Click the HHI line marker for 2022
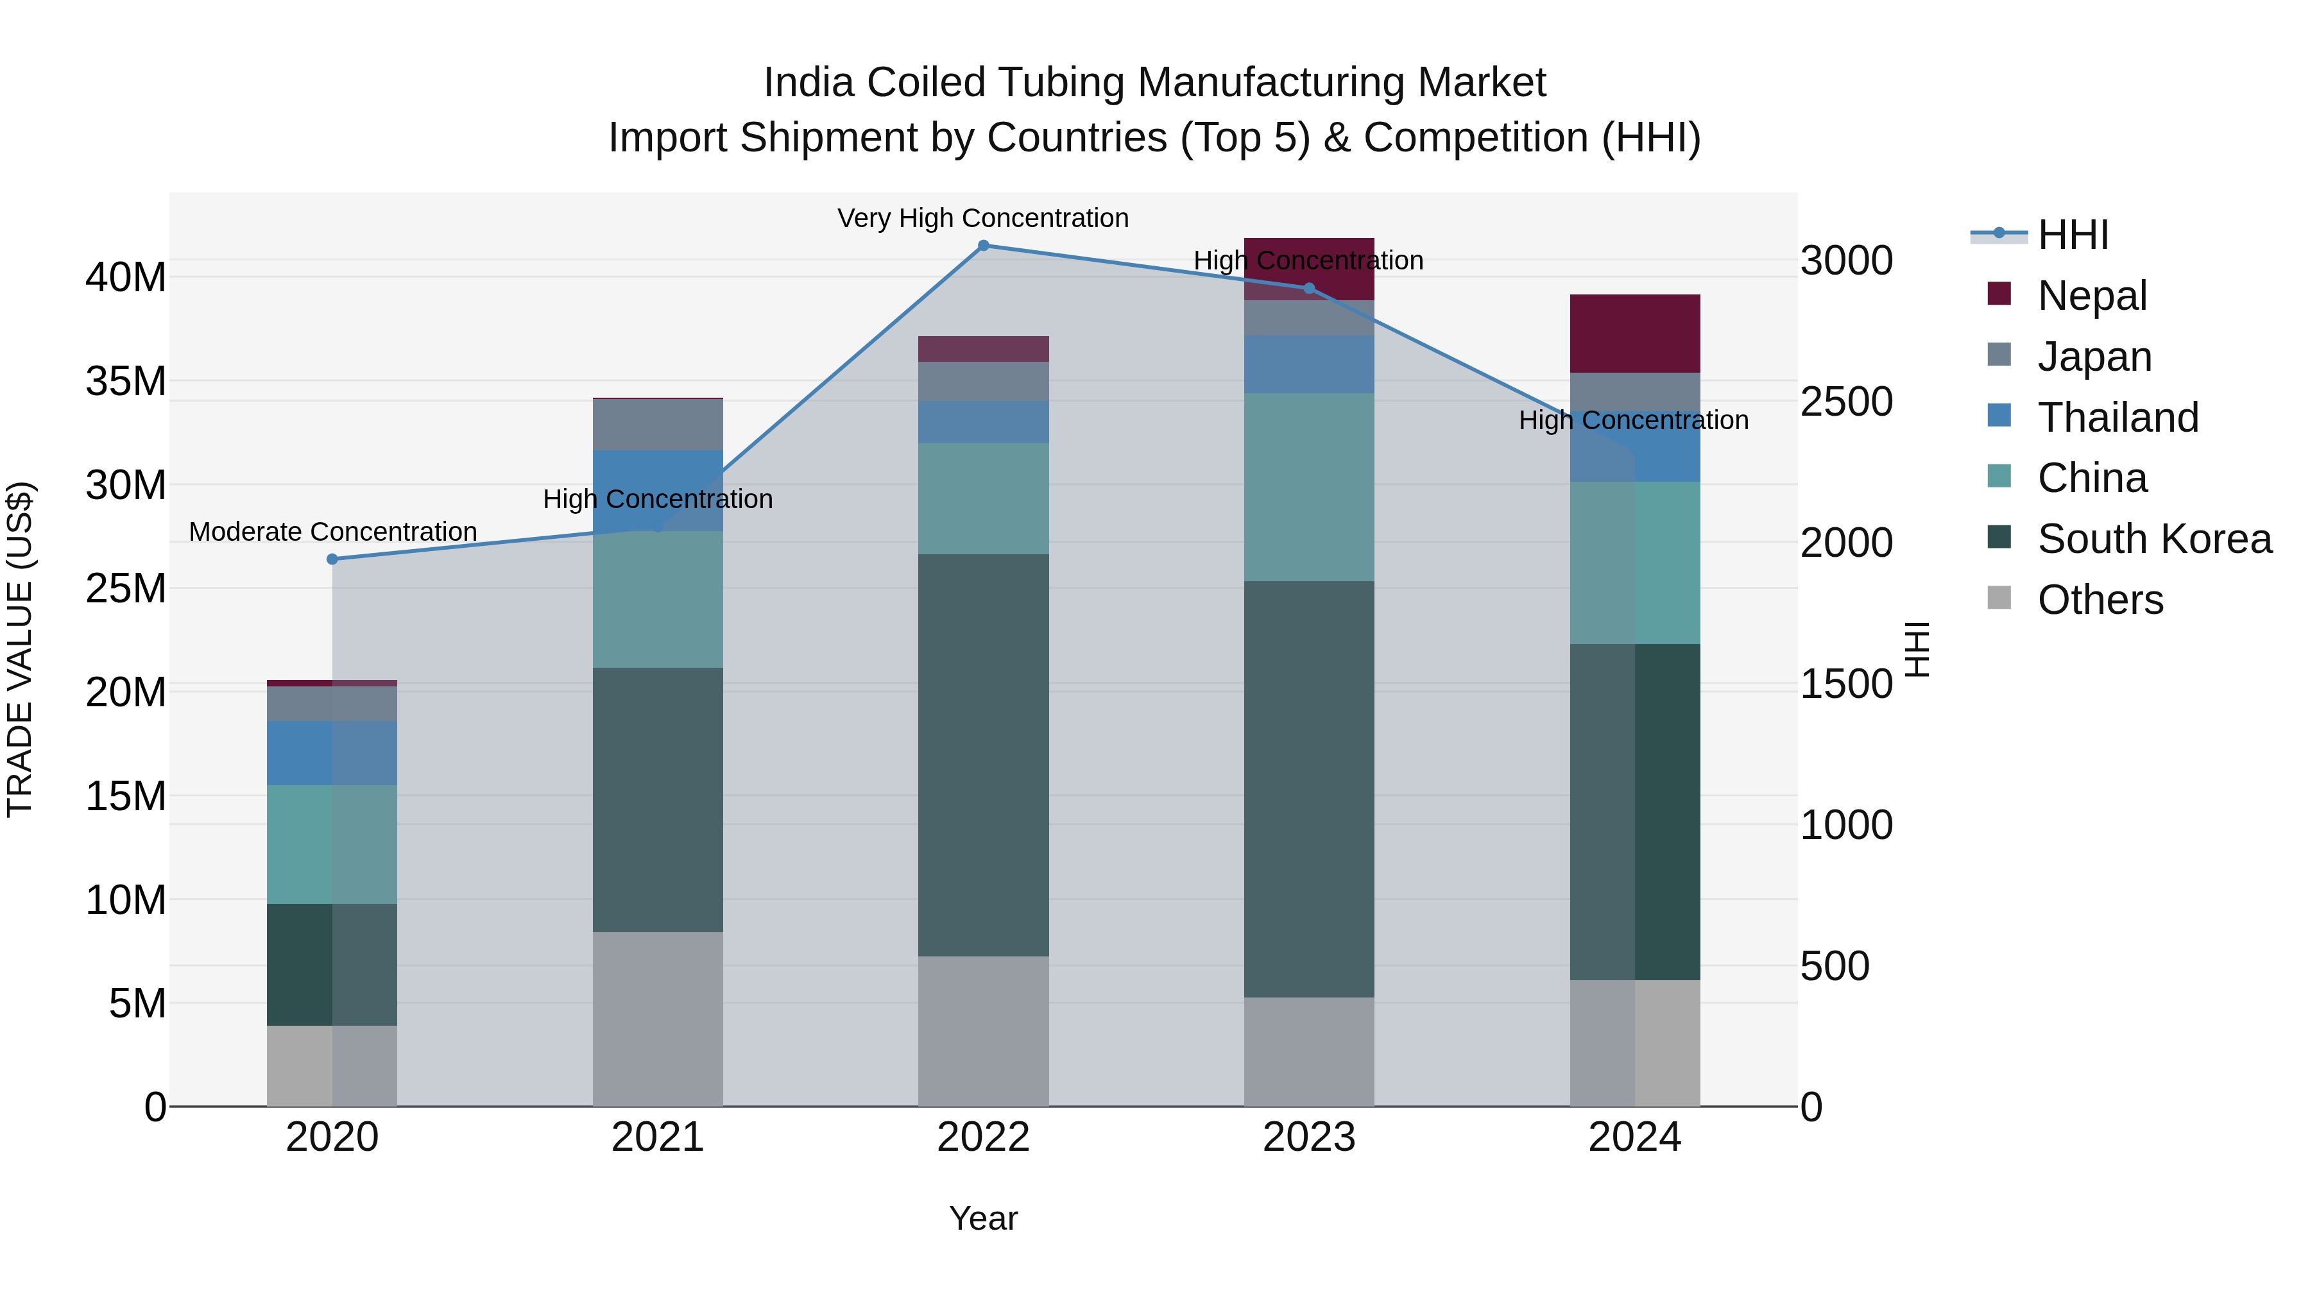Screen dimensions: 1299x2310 pos(983,246)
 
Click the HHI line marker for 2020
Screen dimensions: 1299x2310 pos(332,559)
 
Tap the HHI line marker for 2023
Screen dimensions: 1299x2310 pos(1308,289)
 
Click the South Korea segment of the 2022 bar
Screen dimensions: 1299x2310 pos(983,755)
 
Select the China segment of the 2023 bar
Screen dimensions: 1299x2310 pos(1308,487)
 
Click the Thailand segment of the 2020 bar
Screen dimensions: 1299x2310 pos(332,753)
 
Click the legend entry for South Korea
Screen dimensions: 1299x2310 pos(2154,539)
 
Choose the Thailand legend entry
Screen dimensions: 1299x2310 pos(2117,418)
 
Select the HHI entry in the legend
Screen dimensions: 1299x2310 pos(2073,235)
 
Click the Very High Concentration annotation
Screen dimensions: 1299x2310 pos(983,218)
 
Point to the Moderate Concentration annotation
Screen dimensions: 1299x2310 pos(332,532)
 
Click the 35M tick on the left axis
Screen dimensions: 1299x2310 pos(126,381)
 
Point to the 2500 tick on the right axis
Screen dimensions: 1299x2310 pos(1846,402)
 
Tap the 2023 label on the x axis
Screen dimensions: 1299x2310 pos(1308,1137)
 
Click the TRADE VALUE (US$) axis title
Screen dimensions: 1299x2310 pos(20,649)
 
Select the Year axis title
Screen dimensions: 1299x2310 pos(983,1218)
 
